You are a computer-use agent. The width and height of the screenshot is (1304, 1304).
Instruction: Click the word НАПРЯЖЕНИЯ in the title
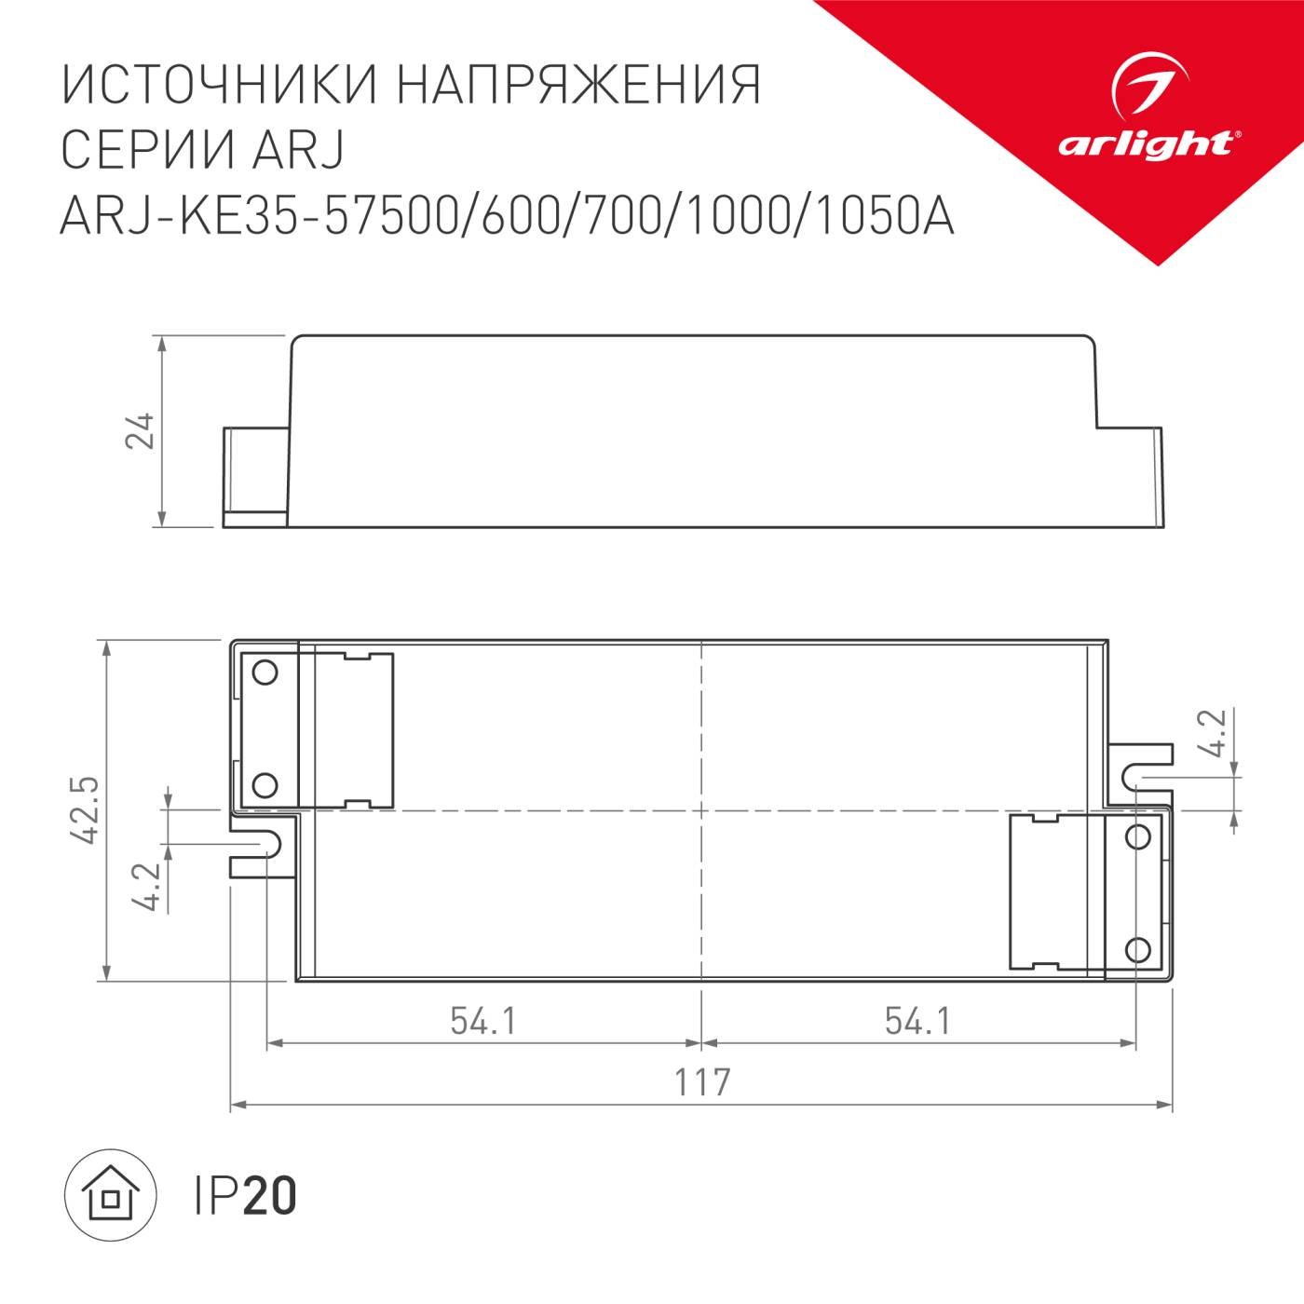(579, 86)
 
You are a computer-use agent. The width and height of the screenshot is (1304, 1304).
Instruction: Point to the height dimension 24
(140, 430)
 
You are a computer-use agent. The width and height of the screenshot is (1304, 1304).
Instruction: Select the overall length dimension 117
(702, 1083)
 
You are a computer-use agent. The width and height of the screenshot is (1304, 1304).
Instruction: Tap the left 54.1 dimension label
(482, 1022)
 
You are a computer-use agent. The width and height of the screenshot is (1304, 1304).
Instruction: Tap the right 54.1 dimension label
(917, 1022)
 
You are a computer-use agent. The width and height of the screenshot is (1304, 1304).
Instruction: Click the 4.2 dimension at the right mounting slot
(1212, 736)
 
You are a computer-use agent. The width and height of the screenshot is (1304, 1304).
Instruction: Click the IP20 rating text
(246, 1196)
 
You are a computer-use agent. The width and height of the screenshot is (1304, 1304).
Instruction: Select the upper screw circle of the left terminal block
(265, 672)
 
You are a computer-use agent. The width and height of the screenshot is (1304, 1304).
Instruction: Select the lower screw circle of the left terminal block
(265, 786)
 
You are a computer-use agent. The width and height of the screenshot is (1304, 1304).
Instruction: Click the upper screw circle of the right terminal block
(1136, 835)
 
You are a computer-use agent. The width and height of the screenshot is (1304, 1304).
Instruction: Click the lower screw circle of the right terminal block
(1136, 950)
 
